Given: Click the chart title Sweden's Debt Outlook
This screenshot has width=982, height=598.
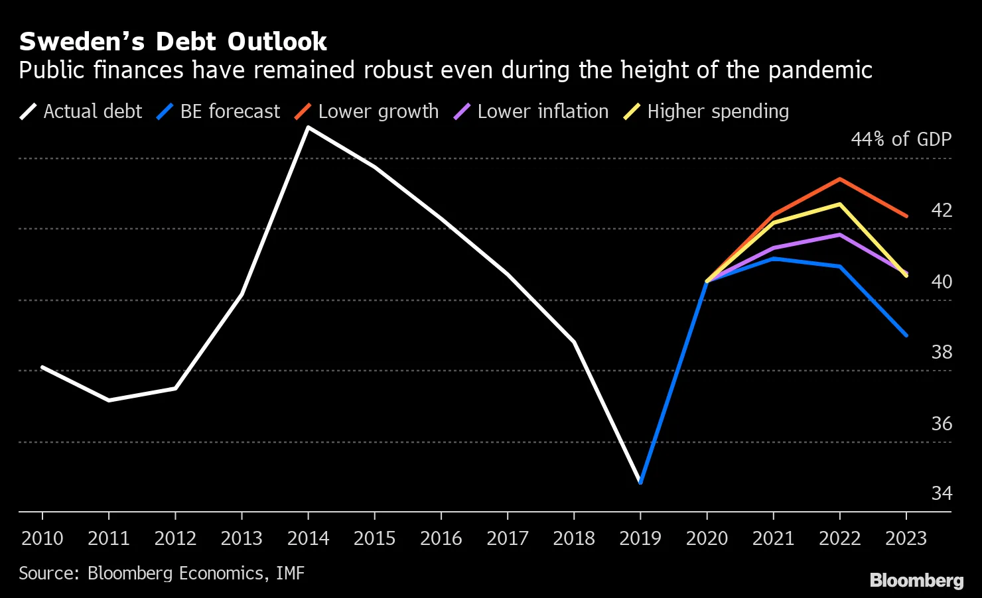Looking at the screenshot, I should pyautogui.click(x=173, y=42).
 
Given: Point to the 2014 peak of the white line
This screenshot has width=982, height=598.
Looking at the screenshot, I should pyautogui.click(x=308, y=127).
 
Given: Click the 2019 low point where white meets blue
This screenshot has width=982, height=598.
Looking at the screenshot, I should pyautogui.click(x=640, y=482).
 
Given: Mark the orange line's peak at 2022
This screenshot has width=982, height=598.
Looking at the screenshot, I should pyautogui.click(x=840, y=179).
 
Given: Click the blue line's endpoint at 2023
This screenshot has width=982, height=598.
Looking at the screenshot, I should pyautogui.click(x=906, y=335).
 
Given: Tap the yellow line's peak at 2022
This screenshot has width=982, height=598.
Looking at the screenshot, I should pyautogui.click(x=840, y=204).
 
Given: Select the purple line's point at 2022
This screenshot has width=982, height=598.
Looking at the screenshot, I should pyautogui.click(x=840, y=235).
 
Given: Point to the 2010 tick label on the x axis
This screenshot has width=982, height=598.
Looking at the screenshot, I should pyautogui.click(x=42, y=538).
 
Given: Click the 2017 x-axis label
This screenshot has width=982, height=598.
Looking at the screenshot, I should pyautogui.click(x=508, y=538).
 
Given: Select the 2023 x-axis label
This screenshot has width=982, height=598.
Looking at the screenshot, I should pyautogui.click(x=906, y=538).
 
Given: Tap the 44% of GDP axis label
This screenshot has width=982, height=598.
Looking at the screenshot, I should pyautogui.click(x=901, y=139).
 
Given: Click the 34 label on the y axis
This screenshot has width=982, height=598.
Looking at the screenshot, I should pyautogui.click(x=942, y=493).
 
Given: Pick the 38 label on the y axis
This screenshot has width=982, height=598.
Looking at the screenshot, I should pyautogui.click(x=942, y=352).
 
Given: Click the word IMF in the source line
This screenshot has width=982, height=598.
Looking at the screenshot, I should pyautogui.click(x=290, y=573).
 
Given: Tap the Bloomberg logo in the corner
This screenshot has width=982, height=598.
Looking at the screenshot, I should pyautogui.click(x=916, y=581).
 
